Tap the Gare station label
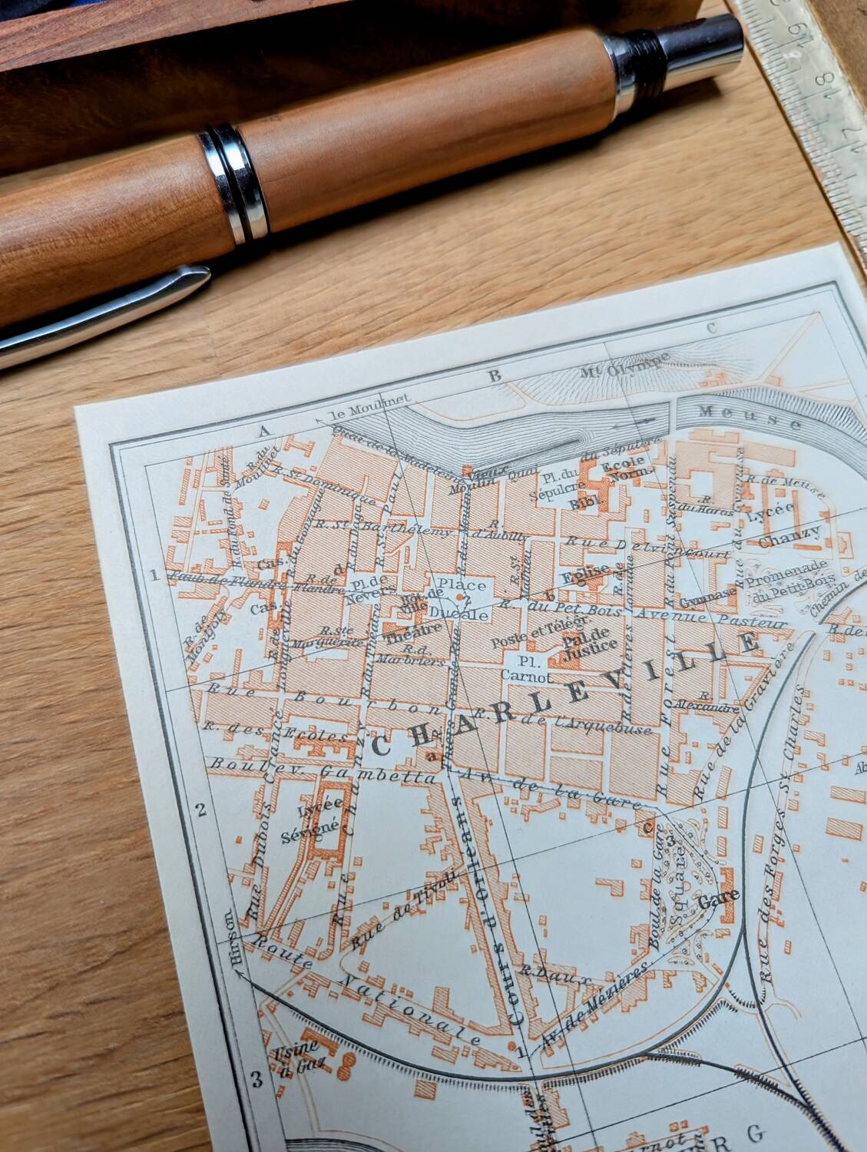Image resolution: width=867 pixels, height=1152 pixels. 719,895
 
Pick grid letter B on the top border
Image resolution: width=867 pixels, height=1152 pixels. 495,376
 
